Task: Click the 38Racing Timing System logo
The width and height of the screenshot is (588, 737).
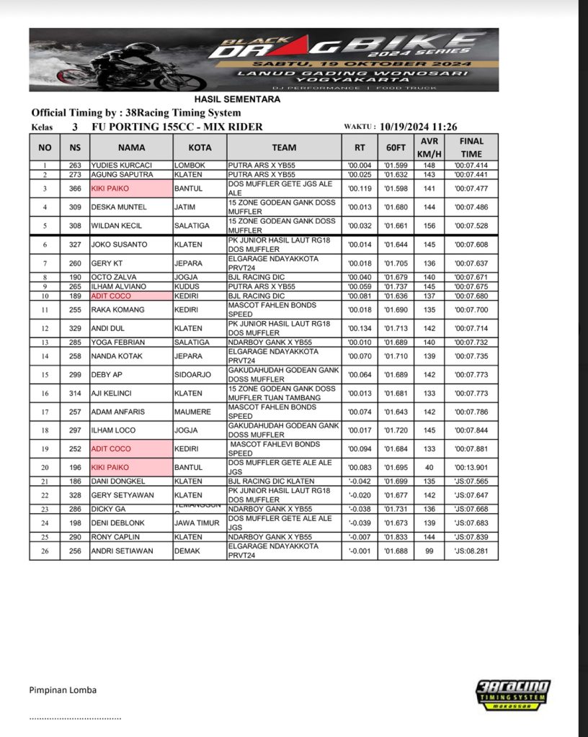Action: (513, 696)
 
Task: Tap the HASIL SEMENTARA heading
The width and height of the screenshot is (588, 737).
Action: (237, 99)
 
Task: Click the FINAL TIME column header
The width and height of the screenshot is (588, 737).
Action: (471, 148)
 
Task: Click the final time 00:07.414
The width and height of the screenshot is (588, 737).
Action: (471, 166)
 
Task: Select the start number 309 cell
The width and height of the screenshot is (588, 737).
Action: (75, 207)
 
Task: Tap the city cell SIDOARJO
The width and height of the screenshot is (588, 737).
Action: (194, 375)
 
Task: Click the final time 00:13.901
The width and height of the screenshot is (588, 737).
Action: (471, 467)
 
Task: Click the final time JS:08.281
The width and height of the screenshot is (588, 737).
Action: (471, 551)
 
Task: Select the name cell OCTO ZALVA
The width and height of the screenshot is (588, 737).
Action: (115, 277)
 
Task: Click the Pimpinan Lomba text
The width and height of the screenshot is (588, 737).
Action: (63, 690)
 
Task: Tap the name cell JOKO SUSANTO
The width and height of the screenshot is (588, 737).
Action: (119, 245)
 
